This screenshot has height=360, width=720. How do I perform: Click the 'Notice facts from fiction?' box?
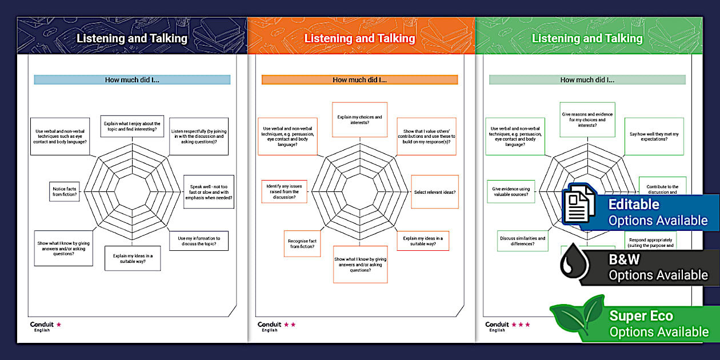[65, 191]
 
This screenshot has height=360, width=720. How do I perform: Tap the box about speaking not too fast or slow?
[209, 192]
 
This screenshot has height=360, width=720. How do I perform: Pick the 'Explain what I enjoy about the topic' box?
[132, 126]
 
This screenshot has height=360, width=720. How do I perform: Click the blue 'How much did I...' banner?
[132, 80]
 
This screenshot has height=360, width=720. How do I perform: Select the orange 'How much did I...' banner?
[359, 80]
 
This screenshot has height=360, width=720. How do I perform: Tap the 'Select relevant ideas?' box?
[435, 192]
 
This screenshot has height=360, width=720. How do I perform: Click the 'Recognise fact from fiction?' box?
[303, 243]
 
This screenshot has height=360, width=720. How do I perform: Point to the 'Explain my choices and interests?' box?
[359, 120]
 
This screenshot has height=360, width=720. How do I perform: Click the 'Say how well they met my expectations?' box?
[654, 137]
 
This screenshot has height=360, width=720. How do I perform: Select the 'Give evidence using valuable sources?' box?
[511, 191]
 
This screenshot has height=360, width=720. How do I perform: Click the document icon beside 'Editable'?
[579, 206]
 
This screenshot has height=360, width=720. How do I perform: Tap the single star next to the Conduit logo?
[59, 325]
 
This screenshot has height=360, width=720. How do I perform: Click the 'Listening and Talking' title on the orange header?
[359, 38]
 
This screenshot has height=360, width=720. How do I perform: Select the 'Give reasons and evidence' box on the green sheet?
[587, 120]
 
